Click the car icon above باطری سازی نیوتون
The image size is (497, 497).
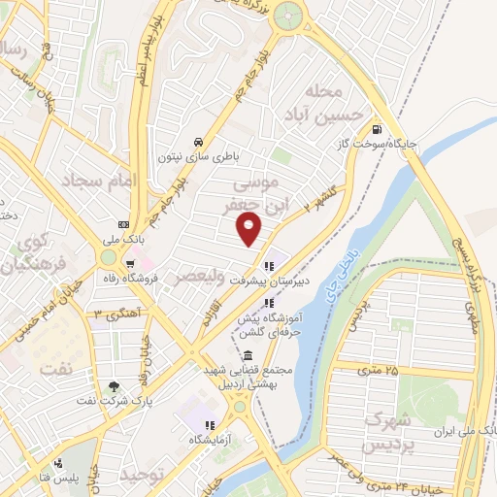pos(198,139)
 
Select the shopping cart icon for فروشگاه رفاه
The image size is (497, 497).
pos(130,263)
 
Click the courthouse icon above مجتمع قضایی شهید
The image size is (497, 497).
pos(250,356)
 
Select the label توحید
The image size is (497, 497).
pos(140,475)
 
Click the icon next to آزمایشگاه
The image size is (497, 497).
pos(208,425)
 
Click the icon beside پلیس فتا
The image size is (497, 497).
pos(60,462)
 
